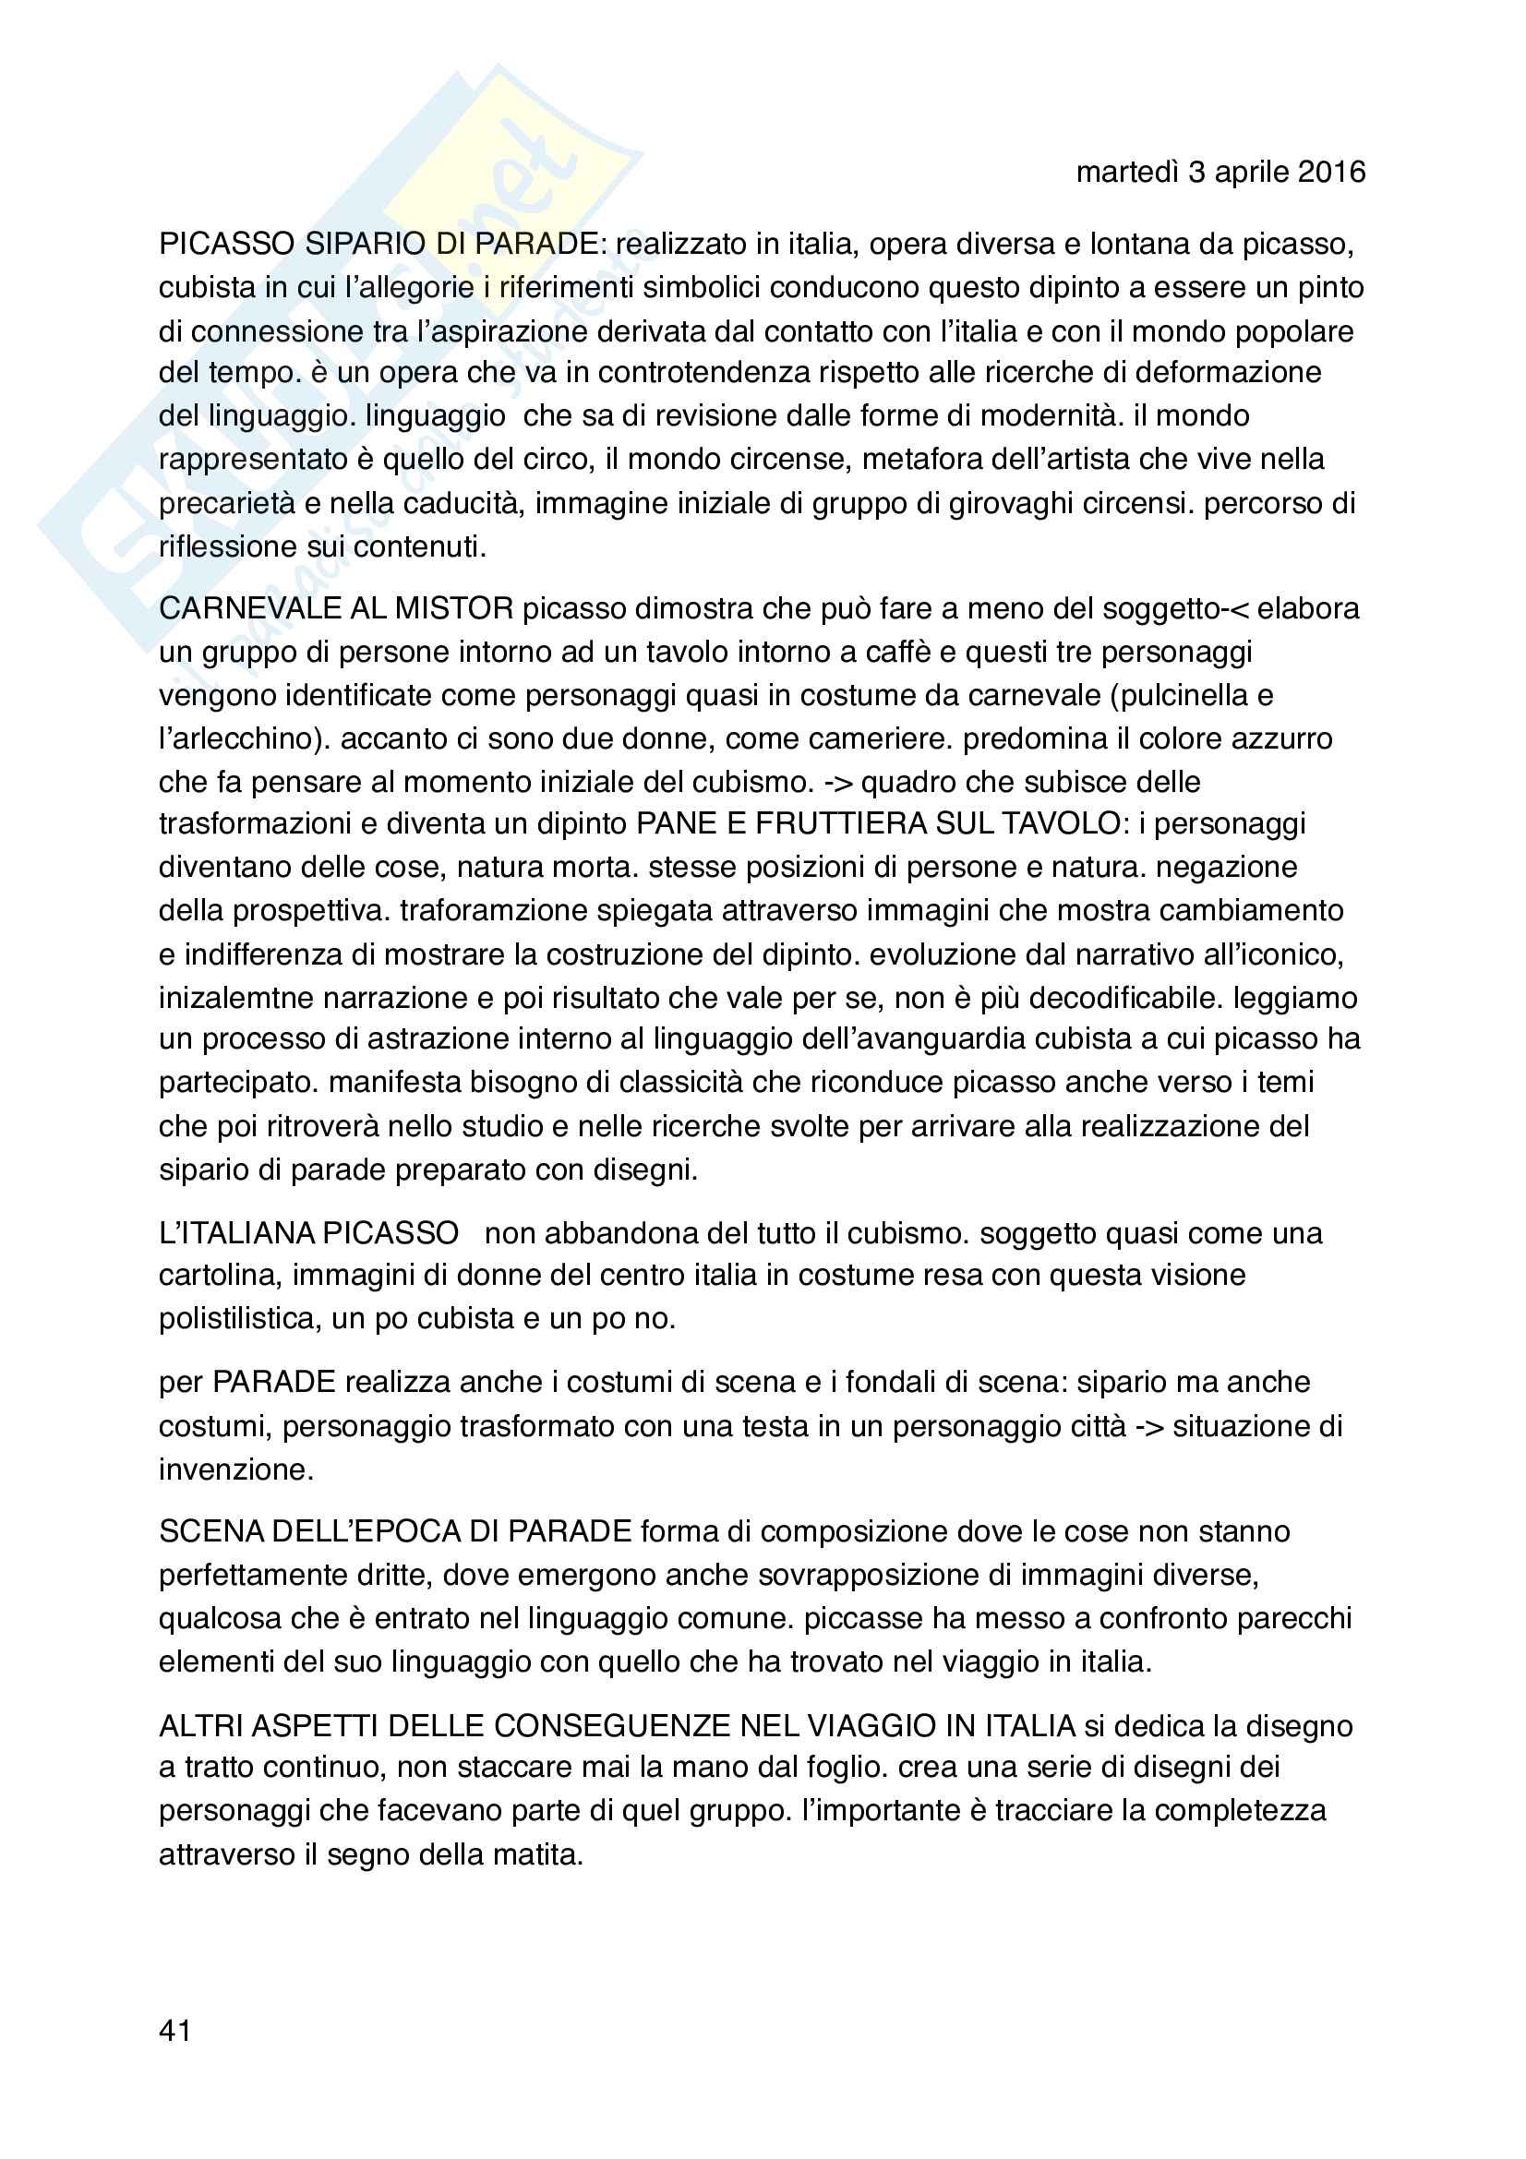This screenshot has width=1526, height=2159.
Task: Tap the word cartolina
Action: [x=216, y=1275]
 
